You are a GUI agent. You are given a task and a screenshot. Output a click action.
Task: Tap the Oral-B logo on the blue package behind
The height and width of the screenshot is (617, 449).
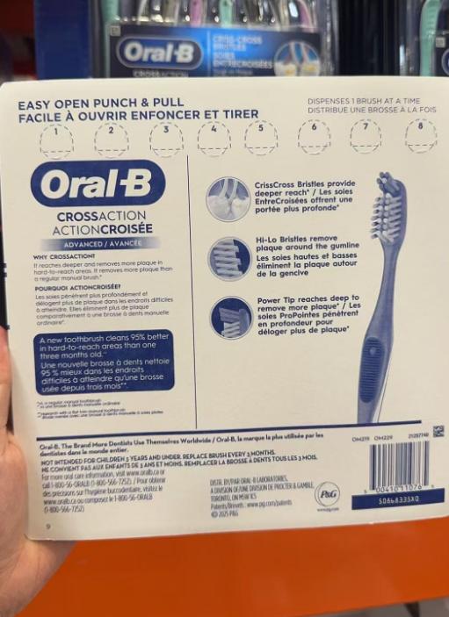159,52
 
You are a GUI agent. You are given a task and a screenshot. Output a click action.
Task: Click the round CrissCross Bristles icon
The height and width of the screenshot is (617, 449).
228,198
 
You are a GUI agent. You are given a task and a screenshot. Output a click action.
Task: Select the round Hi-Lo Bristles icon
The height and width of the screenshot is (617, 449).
229,258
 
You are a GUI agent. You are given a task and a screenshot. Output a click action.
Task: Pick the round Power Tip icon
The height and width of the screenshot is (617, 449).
230,316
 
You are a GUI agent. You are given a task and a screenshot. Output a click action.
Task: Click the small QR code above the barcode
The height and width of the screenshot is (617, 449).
438,431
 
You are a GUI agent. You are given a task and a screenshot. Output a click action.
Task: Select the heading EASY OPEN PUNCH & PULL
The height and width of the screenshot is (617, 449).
101,103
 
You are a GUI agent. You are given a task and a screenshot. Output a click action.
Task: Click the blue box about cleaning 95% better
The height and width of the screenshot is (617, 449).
105,361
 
